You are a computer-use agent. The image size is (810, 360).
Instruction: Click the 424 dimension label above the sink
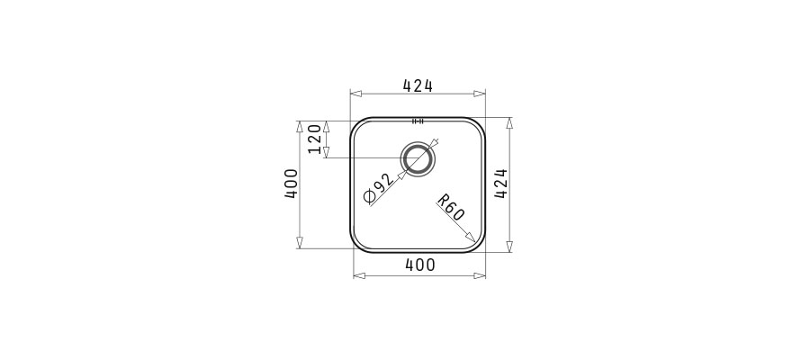tap(418, 85)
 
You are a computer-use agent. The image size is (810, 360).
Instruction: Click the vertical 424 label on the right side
tap(501, 184)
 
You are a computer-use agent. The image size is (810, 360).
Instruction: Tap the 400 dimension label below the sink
tap(420, 265)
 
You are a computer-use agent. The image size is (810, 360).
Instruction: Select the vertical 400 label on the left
tap(292, 184)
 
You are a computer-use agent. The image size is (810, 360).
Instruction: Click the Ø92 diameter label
tap(379, 190)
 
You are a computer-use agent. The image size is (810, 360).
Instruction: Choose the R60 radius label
tap(451, 208)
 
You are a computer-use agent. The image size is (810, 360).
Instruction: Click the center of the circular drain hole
tap(418, 157)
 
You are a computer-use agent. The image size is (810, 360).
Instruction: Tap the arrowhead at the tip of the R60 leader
tap(470, 238)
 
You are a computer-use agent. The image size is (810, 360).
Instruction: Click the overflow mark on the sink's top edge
tap(418, 121)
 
